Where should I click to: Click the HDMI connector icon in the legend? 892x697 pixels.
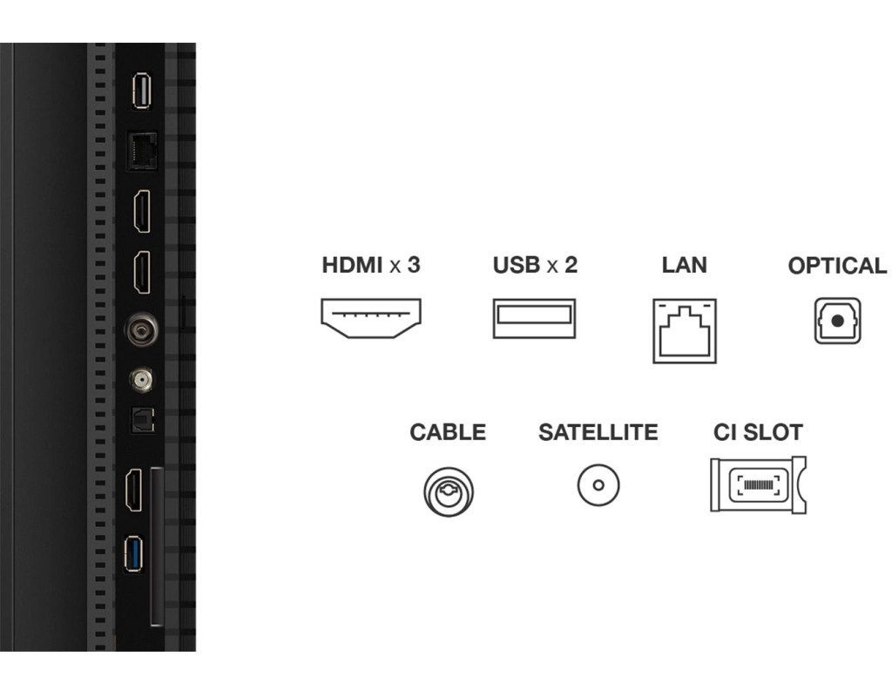click(371, 319)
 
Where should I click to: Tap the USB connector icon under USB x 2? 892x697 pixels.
click(533, 318)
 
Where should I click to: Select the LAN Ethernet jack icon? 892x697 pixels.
click(685, 330)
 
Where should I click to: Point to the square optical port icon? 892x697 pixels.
click(837, 320)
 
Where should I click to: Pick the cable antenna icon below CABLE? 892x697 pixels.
click(449, 490)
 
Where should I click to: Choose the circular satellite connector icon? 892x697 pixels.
click(598, 484)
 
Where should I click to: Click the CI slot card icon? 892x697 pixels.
click(758, 484)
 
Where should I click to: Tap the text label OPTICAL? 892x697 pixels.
click(837, 267)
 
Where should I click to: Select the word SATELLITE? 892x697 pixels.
click(598, 432)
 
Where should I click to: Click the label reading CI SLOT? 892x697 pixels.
click(758, 431)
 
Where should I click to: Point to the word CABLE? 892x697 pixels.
click(448, 432)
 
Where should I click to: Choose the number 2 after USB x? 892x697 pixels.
click(571, 265)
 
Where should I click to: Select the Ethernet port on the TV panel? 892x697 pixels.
click(141, 152)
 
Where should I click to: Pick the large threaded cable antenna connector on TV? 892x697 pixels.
click(140, 331)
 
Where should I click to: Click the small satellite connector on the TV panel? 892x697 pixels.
click(140, 379)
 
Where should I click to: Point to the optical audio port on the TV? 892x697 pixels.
click(140, 421)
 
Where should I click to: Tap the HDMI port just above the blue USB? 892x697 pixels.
click(137, 491)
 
